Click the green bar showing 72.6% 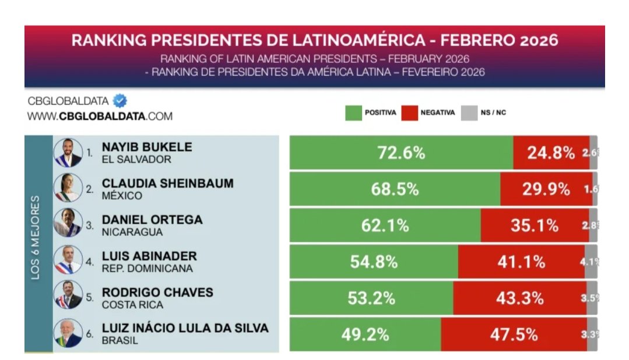click(x=401, y=153)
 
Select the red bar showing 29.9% click(x=546, y=189)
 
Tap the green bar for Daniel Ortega click(x=385, y=225)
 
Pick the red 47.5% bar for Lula click(x=514, y=334)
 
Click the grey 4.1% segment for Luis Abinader click(x=591, y=262)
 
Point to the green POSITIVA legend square click(x=353, y=112)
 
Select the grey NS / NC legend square click(x=469, y=112)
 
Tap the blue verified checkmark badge click(x=120, y=101)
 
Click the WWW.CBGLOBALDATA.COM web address click(x=100, y=116)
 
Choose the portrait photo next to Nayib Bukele click(x=68, y=153)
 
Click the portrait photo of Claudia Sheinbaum click(x=68, y=189)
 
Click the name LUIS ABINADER click(x=149, y=256)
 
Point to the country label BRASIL click(x=120, y=341)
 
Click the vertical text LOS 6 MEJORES click(x=36, y=238)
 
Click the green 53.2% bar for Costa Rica click(x=371, y=298)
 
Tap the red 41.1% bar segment click(x=521, y=262)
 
